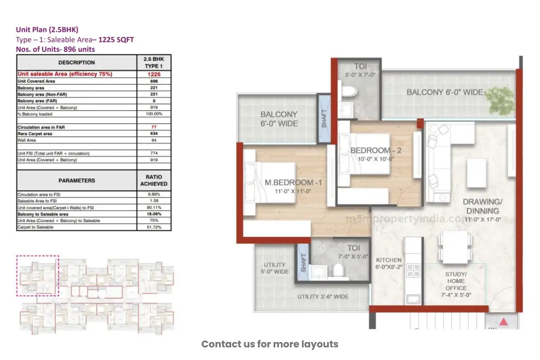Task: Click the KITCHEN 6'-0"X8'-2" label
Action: coord(388,264)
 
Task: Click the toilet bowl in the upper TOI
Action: coord(349,92)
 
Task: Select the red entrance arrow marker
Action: coord(504,321)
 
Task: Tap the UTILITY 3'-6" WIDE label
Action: coord(323,297)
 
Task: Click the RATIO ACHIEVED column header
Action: coord(154,180)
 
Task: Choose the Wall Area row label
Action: coord(27,140)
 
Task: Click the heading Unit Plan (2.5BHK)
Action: coord(47,30)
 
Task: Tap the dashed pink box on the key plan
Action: coord(38,276)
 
